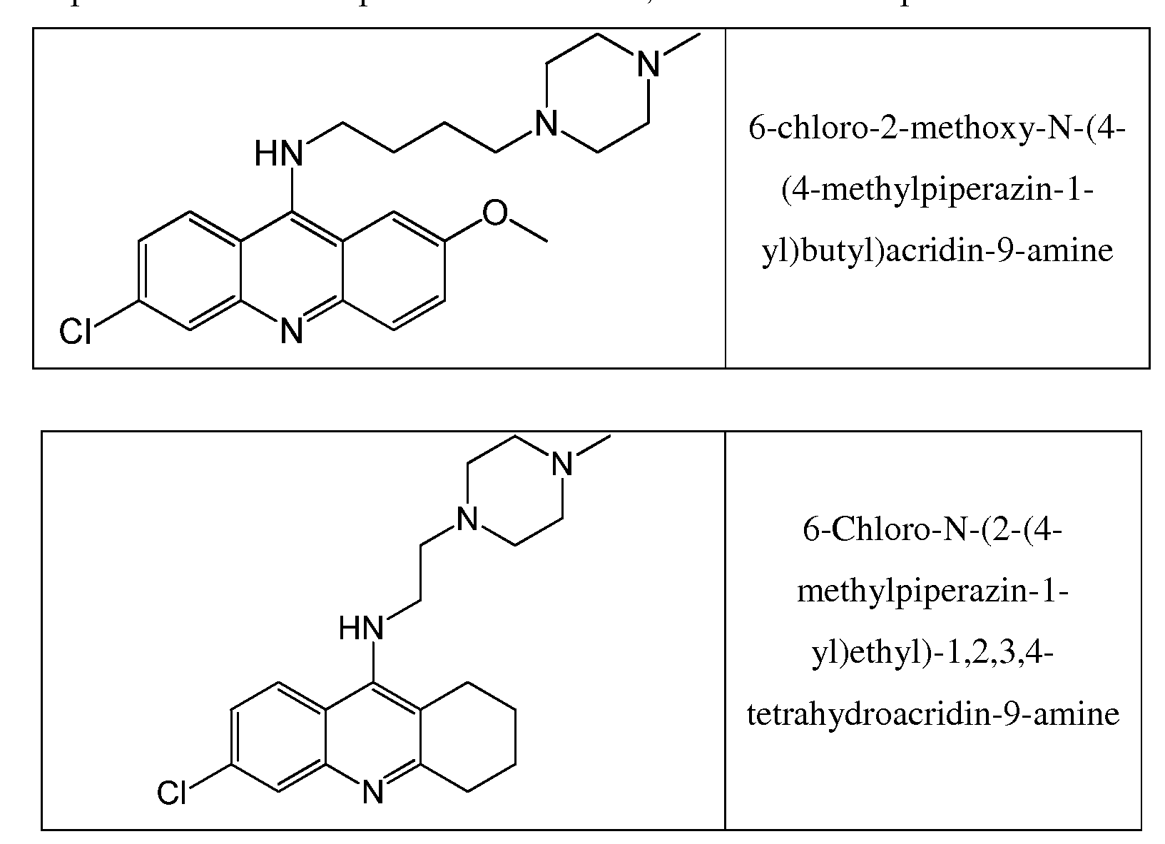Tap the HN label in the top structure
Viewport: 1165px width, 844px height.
(x=278, y=154)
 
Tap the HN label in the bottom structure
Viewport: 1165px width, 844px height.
(x=361, y=629)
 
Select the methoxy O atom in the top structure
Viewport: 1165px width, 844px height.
(x=494, y=213)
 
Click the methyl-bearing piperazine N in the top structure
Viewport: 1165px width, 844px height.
(x=648, y=67)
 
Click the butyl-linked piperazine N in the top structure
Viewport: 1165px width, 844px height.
(x=546, y=126)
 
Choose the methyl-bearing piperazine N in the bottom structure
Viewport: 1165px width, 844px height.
(x=563, y=465)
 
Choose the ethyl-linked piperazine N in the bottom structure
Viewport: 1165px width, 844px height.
(x=467, y=519)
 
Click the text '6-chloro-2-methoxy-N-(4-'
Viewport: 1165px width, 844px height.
(x=937, y=131)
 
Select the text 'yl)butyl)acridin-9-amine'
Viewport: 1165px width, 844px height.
(x=937, y=251)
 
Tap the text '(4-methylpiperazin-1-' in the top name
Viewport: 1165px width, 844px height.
(x=937, y=191)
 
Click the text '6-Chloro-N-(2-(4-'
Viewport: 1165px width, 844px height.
(x=932, y=531)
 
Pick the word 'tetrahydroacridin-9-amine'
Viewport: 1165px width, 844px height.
(x=932, y=713)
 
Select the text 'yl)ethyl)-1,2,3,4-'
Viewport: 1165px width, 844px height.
(x=932, y=652)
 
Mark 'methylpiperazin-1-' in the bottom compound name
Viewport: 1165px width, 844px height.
(x=932, y=591)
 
